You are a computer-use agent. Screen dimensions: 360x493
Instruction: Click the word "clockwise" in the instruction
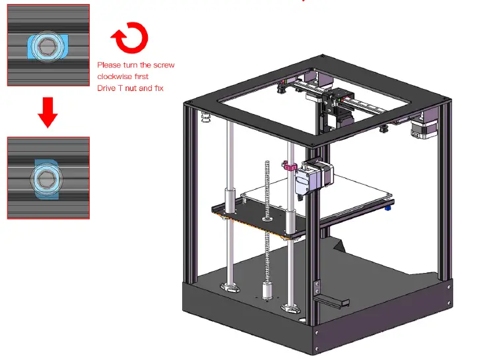[x=115, y=76]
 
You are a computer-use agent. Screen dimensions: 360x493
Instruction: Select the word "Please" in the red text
[x=110, y=65]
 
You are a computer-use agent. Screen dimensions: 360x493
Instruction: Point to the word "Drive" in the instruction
[x=107, y=88]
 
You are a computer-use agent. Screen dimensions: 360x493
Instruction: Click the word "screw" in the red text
[x=162, y=65]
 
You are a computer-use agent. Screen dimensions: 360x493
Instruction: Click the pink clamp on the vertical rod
[x=289, y=166]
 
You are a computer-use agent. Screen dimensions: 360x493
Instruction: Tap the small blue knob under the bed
[x=388, y=208]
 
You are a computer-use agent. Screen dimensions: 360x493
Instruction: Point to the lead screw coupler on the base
[x=268, y=289]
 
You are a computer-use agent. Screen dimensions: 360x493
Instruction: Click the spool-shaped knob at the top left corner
[x=205, y=117]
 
